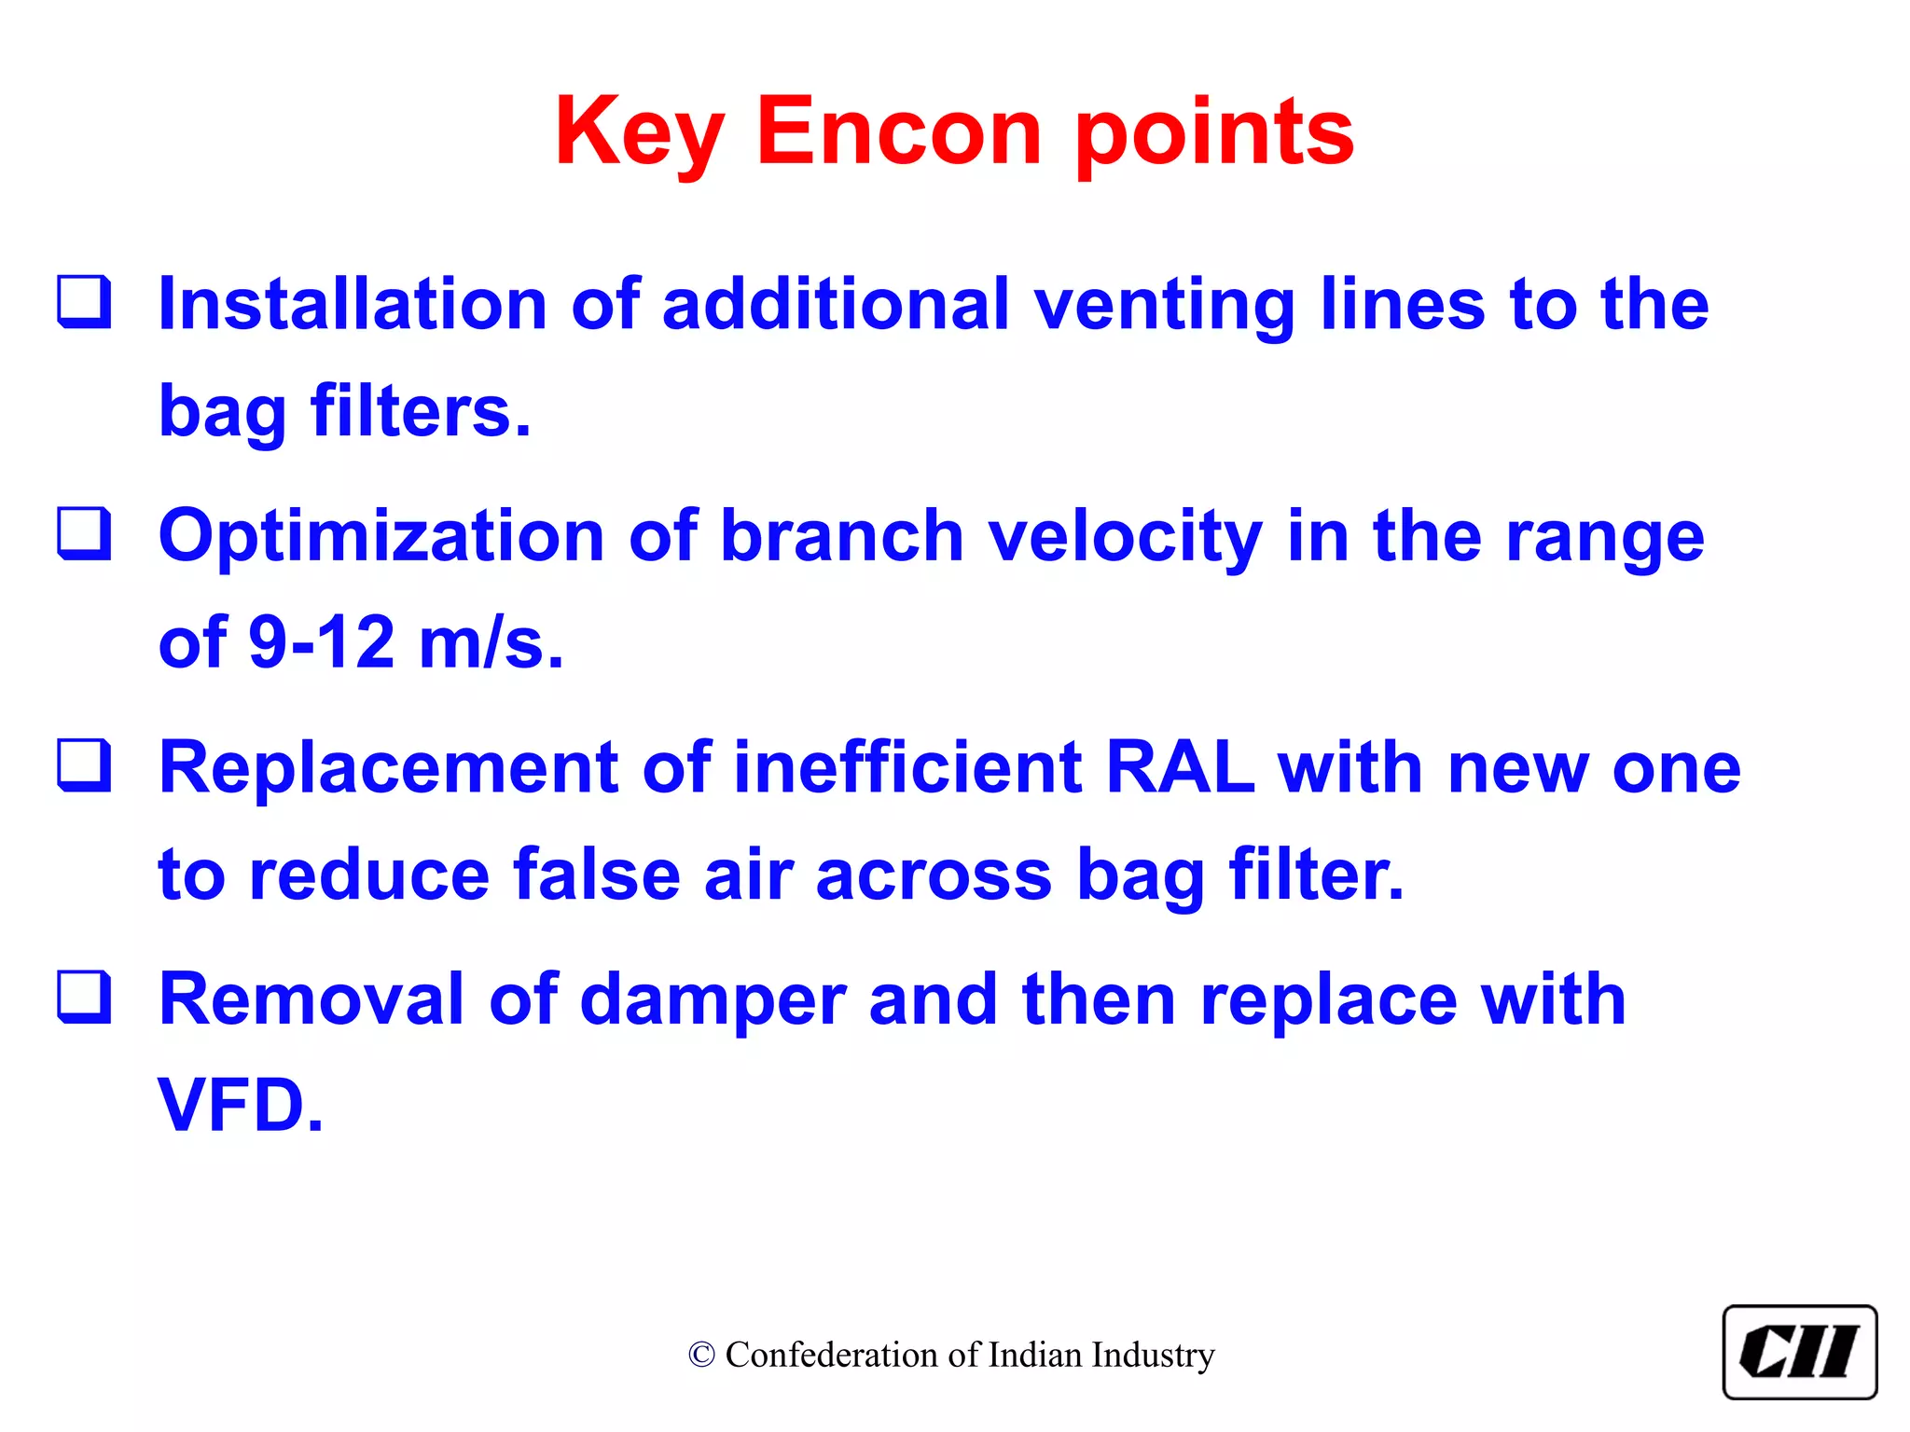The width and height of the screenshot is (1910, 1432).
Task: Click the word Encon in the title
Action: point(898,132)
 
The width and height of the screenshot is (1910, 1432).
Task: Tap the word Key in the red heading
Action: point(639,132)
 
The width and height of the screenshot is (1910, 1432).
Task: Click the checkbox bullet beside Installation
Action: point(84,302)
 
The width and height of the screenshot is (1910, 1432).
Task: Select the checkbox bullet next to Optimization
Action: point(84,533)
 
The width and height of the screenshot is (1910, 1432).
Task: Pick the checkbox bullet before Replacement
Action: point(84,765)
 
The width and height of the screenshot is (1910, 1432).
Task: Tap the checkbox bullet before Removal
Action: point(84,997)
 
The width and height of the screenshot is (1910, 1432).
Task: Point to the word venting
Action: point(1165,306)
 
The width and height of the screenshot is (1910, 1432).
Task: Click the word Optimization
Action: point(381,537)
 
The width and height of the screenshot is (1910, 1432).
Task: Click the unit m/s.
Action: point(491,643)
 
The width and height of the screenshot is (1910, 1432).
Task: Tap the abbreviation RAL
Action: point(1179,767)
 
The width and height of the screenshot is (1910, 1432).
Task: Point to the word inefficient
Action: point(907,767)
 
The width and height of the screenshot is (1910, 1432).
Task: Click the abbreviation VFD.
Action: point(240,1106)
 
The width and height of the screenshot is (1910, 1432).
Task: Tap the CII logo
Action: point(1799,1352)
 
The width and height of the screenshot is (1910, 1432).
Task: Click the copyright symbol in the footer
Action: point(701,1355)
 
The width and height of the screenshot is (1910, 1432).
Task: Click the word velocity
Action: point(1125,537)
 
